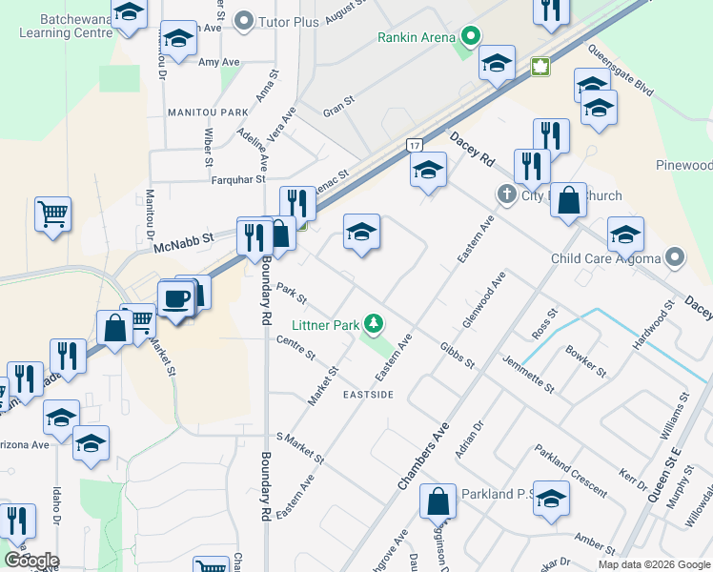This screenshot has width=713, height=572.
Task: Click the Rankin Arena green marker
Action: coord(469,38)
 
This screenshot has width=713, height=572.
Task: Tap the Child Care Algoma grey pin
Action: coord(675,257)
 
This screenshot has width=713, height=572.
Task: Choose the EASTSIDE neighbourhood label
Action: coord(368,395)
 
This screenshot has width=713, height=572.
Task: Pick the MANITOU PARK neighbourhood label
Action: coord(207,112)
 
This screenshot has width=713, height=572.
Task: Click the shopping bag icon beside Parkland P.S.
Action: coord(438,500)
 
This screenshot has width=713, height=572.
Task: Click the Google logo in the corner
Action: coord(31,561)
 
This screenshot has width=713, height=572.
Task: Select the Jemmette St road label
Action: coord(528,375)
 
